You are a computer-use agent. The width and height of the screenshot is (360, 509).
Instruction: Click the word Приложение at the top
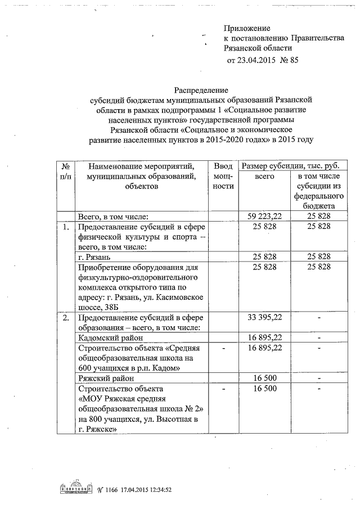(247, 28)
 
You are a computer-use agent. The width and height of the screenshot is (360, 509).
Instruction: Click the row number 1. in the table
(66, 227)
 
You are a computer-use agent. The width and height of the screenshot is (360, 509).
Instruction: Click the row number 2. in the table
(66, 317)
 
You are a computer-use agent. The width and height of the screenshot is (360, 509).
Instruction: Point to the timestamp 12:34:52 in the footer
(156, 490)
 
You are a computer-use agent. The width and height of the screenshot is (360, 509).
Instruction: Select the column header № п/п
(66, 171)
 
